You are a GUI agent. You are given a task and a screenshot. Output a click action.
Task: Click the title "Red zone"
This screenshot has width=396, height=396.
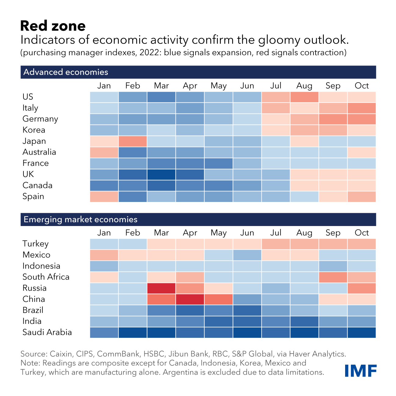[x=53, y=26]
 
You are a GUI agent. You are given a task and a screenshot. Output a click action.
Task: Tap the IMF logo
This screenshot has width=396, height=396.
[x=361, y=370]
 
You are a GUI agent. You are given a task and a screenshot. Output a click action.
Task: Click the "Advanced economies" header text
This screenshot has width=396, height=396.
[x=66, y=72]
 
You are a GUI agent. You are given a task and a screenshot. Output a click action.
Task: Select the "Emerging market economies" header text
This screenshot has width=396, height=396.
[x=80, y=219]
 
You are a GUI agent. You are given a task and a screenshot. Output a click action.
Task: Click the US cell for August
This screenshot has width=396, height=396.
[x=304, y=97]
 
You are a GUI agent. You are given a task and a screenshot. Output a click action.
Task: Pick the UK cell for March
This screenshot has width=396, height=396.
[x=161, y=175]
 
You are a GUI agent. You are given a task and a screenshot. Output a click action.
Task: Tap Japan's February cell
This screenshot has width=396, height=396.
[x=133, y=141]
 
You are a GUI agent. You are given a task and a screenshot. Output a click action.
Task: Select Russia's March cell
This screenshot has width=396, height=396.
[x=161, y=288]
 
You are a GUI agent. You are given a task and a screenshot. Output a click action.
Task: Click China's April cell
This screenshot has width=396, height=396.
[x=190, y=299]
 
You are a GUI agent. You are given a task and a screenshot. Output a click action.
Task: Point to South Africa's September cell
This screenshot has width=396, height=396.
[x=333, y=277]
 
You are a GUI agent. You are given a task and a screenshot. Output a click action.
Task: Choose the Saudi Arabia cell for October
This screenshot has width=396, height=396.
[x=362, y=332]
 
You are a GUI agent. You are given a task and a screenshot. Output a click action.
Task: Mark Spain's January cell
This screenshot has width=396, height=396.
[x=104, y=196]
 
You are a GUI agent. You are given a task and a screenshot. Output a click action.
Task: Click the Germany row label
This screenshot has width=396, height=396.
[x=40, y=119]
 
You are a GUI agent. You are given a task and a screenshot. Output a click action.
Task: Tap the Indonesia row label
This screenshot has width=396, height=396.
[x=41, y=266]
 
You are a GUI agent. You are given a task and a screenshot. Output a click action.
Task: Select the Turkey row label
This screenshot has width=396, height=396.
[x=35, y=244]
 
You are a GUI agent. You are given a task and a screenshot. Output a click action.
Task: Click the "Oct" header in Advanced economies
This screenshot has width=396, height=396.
[x=362, y=86]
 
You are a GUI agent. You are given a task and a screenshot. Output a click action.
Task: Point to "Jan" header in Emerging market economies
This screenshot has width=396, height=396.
[x=104, y=233]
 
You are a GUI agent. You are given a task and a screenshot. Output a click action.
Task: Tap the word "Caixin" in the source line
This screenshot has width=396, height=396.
[x=61, y=354]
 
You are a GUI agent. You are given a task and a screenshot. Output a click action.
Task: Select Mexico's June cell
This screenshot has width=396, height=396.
[x=247, y=255]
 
